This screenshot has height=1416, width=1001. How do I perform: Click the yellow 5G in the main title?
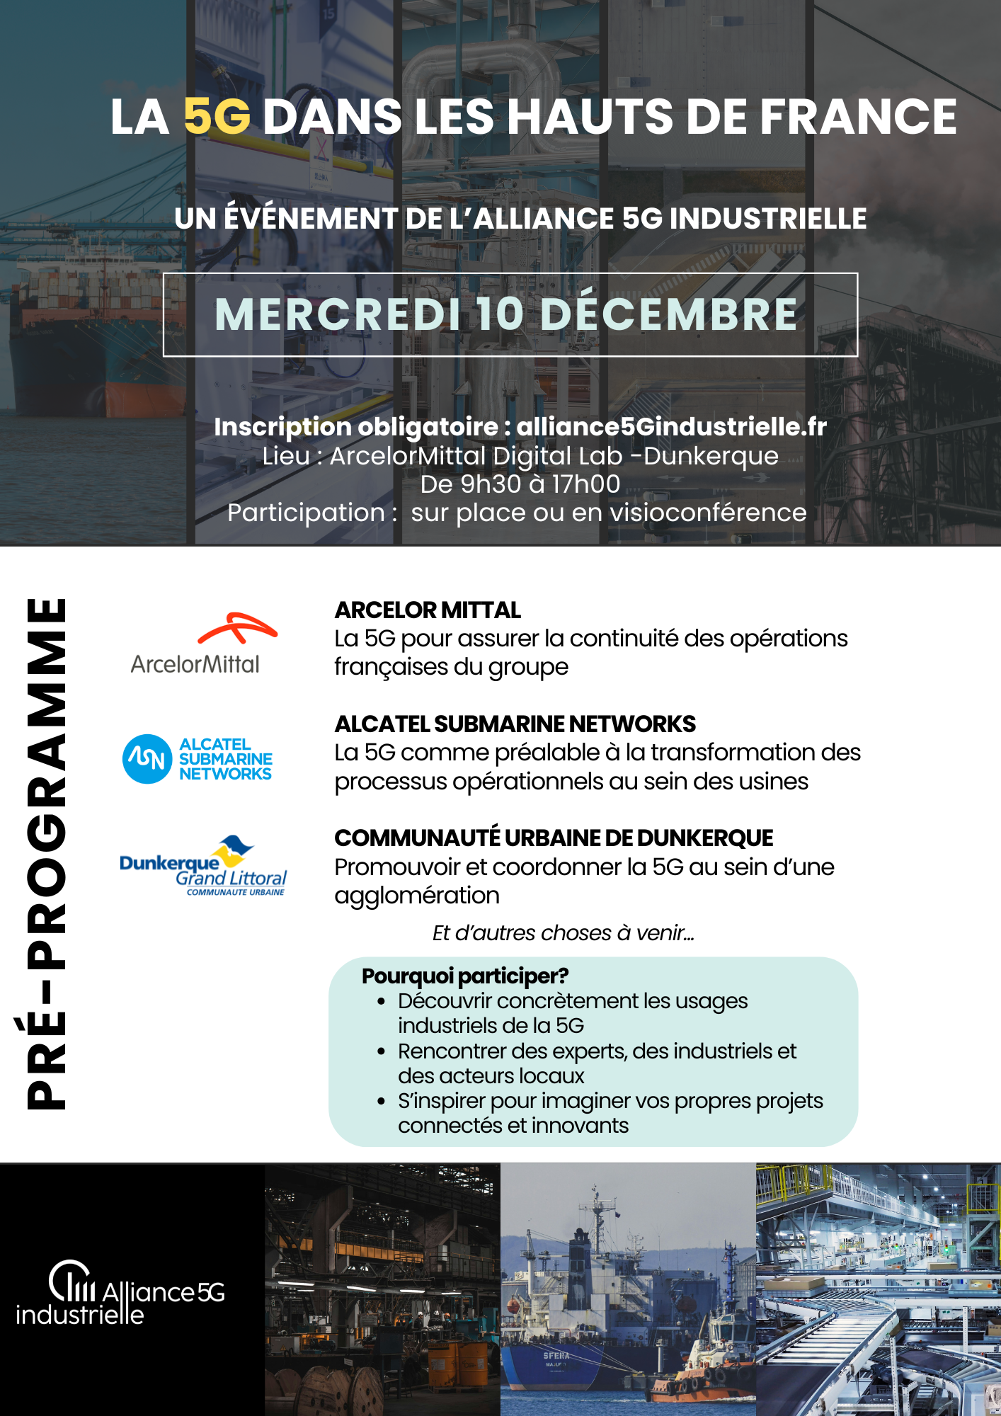(217, 117)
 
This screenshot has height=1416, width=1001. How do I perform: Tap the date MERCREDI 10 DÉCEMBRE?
(506, 314)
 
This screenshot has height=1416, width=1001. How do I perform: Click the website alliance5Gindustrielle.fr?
(671, 427)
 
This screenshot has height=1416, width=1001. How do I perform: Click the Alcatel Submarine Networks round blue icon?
(147, 759)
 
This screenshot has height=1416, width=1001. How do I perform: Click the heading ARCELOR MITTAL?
(428, 610)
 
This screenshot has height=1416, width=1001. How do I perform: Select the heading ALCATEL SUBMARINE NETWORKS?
(515, 724)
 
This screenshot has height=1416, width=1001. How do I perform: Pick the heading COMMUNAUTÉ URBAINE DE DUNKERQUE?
(553, 838)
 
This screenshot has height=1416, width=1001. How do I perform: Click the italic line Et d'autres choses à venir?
(563, 933)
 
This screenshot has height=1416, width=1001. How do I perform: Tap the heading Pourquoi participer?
(465, 976)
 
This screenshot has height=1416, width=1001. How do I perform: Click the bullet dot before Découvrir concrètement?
(382, 1002)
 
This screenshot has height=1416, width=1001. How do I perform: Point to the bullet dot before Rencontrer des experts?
(382, 1052)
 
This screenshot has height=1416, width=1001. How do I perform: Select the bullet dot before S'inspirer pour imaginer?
(382, 1102)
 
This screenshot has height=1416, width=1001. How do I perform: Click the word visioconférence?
(708, 513)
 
